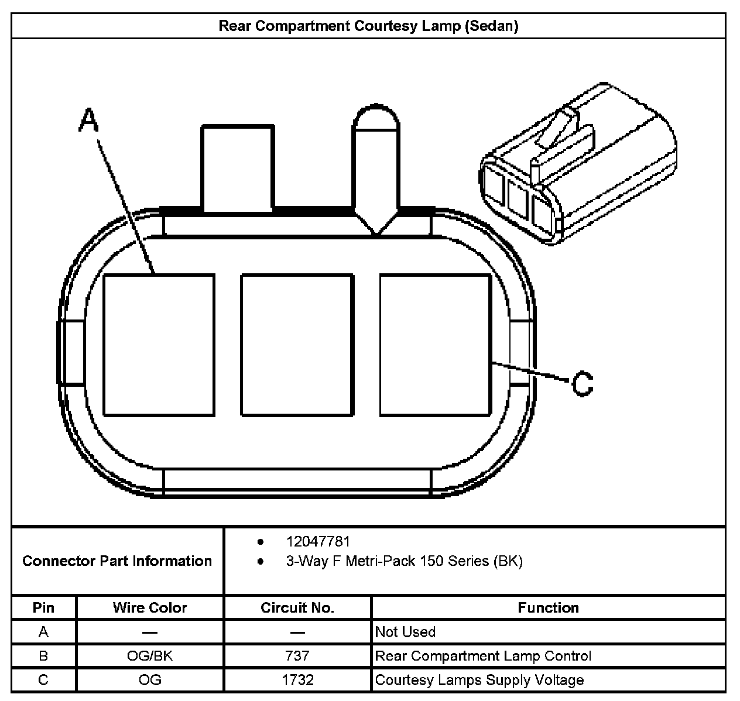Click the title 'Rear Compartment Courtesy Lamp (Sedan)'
click(368, 26)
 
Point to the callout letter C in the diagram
click(582, 384)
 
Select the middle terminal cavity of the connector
click(297, 345)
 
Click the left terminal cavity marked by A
click(159, 345)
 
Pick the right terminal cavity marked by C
click(435, 345)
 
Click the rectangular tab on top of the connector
click(238, 167)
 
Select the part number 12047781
click(318, 542)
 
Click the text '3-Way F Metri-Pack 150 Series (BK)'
click(404, 561)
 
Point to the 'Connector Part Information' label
click(117, 561)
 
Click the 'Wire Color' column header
click(150, 608)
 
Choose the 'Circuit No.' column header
click(297, 608)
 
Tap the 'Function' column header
click(548, 608)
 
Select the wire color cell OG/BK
click(150, 656)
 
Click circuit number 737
click(297, 656)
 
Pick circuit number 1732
click(297, 680)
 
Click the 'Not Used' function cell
click(405, 632)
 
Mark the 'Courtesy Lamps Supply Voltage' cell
click(479, 680)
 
